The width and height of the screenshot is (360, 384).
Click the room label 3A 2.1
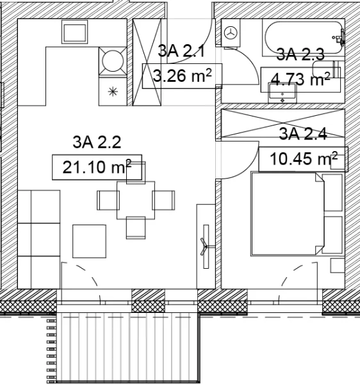point(181,51)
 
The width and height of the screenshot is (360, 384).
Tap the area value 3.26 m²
point(182,76)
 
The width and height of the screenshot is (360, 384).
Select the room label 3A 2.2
point(97,142)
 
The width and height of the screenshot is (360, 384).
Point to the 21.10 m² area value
point(97,167)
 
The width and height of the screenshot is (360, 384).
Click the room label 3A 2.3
point(300,54)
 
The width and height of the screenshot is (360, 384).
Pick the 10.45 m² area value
point(304,159)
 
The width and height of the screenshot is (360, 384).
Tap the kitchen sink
point(75,32)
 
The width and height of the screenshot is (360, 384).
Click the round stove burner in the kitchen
point(113,61)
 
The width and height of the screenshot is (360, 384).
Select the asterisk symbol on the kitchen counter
point(113,92)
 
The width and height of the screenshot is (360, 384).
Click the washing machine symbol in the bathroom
point(231,33)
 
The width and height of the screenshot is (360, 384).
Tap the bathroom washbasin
point(282,93)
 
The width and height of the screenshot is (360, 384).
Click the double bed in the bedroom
point(288,214)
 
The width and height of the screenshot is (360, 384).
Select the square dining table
point(136,200)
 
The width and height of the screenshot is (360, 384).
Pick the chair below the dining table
point(136,228)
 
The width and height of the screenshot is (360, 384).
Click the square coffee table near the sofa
point(90,241)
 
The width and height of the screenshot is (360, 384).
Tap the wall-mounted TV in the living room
point(206,246)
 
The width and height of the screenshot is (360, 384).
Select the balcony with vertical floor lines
point(127,348)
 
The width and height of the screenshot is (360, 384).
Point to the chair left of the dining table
point(108,200)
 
